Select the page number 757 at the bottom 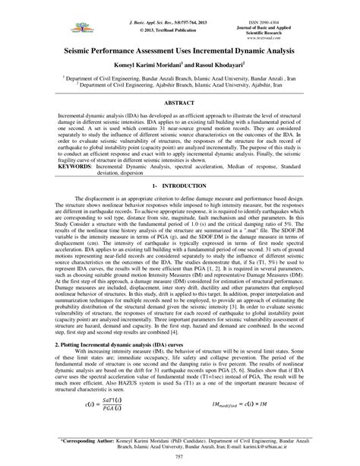(x=180, y=458)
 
